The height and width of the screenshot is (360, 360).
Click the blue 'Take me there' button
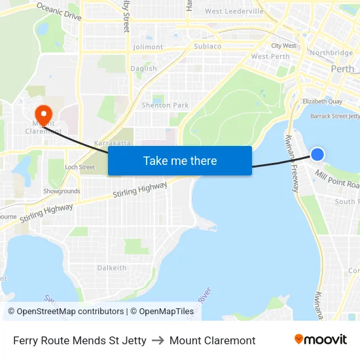tap(180, 160)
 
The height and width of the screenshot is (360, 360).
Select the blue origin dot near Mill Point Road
tap(317, 154)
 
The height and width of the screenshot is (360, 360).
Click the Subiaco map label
tap(207, 46)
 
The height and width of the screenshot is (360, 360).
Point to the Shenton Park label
tap(165, 105)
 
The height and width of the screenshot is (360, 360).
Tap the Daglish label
tap(143, 69)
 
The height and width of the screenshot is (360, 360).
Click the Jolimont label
tap(148, 47)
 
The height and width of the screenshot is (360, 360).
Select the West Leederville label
tap(234, 11)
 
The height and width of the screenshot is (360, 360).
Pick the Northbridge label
tap(331, 53)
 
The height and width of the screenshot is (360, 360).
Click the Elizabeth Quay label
tap(322, 101)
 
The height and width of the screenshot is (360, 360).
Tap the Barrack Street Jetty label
tap(334, 116)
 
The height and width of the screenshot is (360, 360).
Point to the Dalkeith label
tap(111, 268)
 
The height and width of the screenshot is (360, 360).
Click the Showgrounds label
tap(62, 192)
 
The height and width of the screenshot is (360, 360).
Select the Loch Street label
tap(79, 168)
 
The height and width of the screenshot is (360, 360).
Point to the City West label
tap(283, 46)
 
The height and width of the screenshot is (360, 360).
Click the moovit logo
tap(320, 340)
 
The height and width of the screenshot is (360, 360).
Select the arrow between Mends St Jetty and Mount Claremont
tap(158, 340)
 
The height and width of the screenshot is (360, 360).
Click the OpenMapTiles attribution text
tap(162, 312)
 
